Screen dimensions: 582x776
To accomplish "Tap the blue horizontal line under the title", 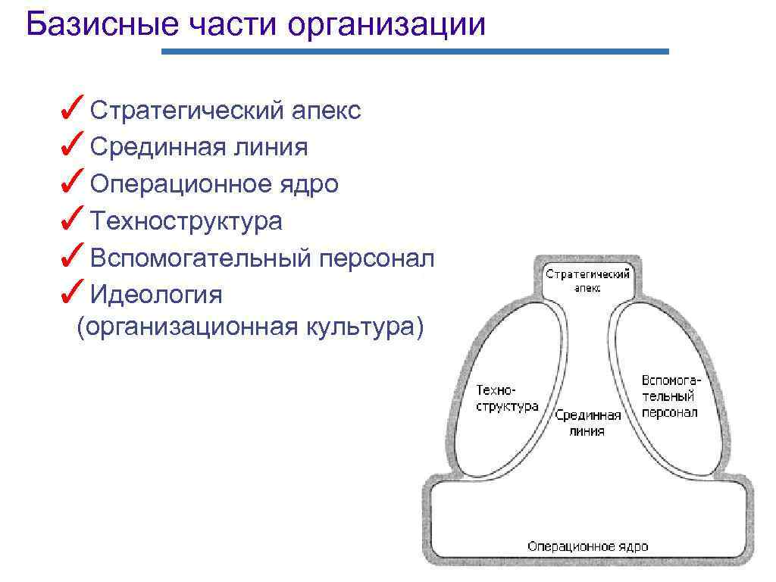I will pos(415,52).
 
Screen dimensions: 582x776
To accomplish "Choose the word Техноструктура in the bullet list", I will pos(186,221).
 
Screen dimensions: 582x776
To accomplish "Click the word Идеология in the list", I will pos(156,294).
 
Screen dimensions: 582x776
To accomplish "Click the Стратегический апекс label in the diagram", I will pos(587,281).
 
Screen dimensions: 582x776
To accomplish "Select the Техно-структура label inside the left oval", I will pos(506,398).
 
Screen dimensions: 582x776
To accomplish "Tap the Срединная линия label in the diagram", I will pos(587,423).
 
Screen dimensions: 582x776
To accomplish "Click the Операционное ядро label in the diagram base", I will pos(587,546).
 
